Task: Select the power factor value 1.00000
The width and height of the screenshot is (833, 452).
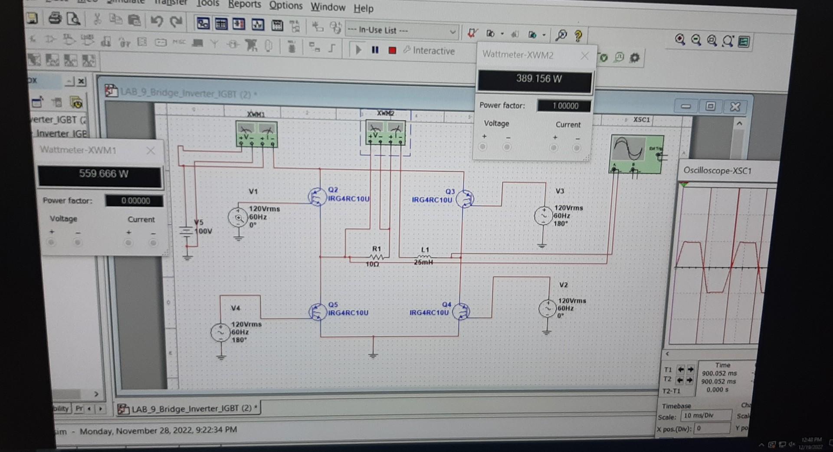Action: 564,106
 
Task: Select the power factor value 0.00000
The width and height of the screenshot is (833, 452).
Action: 134,201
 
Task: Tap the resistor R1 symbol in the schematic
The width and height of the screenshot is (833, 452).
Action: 376,258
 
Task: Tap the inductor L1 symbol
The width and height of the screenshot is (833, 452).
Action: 424,257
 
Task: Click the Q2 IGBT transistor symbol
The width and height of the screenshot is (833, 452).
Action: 317,197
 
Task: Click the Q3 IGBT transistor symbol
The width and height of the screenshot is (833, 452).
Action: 465,199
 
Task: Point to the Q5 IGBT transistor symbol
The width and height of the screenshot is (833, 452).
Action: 317,311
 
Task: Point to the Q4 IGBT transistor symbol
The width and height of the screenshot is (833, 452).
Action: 461,311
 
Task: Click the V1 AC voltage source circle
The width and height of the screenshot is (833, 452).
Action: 238,217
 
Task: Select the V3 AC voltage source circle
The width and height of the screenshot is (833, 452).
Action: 543,216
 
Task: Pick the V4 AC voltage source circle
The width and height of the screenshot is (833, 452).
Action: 220,333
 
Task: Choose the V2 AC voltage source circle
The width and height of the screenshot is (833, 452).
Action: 548,308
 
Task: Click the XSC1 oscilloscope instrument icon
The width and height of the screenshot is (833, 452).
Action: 636,154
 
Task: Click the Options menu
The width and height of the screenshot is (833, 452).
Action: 285,6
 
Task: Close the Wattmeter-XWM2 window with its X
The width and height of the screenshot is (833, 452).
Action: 584,56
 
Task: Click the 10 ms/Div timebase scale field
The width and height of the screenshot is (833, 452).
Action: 705,416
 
